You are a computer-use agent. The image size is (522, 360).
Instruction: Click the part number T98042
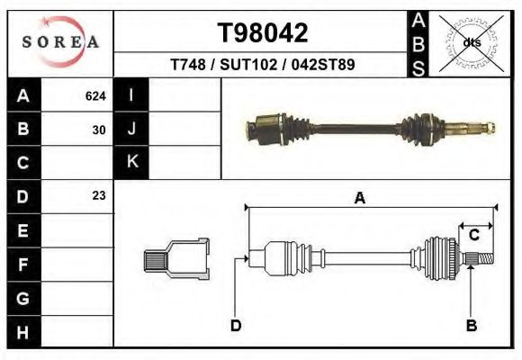[x=263, y=33]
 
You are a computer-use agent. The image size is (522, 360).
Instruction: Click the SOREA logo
[x=60, y=42]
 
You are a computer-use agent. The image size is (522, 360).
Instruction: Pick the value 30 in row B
[x=98, y=130]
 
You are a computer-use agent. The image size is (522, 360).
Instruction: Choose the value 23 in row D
[x=98, y=195]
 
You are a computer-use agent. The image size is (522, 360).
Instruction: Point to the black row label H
[x=23, y=331]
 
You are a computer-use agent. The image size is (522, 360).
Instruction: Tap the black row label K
[x=131, y=162]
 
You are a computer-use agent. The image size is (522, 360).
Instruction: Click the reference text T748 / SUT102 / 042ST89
[x=262, y=65]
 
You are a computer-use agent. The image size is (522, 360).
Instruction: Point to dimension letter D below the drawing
[x=235, y=325]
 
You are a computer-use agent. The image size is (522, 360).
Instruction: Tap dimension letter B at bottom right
[x=470, y=325]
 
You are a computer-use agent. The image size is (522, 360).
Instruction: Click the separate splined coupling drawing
[x=176, y=258]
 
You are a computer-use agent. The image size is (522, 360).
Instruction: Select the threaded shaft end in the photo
[x=481, y=127]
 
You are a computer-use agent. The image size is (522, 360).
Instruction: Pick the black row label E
[x=23, y=230]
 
